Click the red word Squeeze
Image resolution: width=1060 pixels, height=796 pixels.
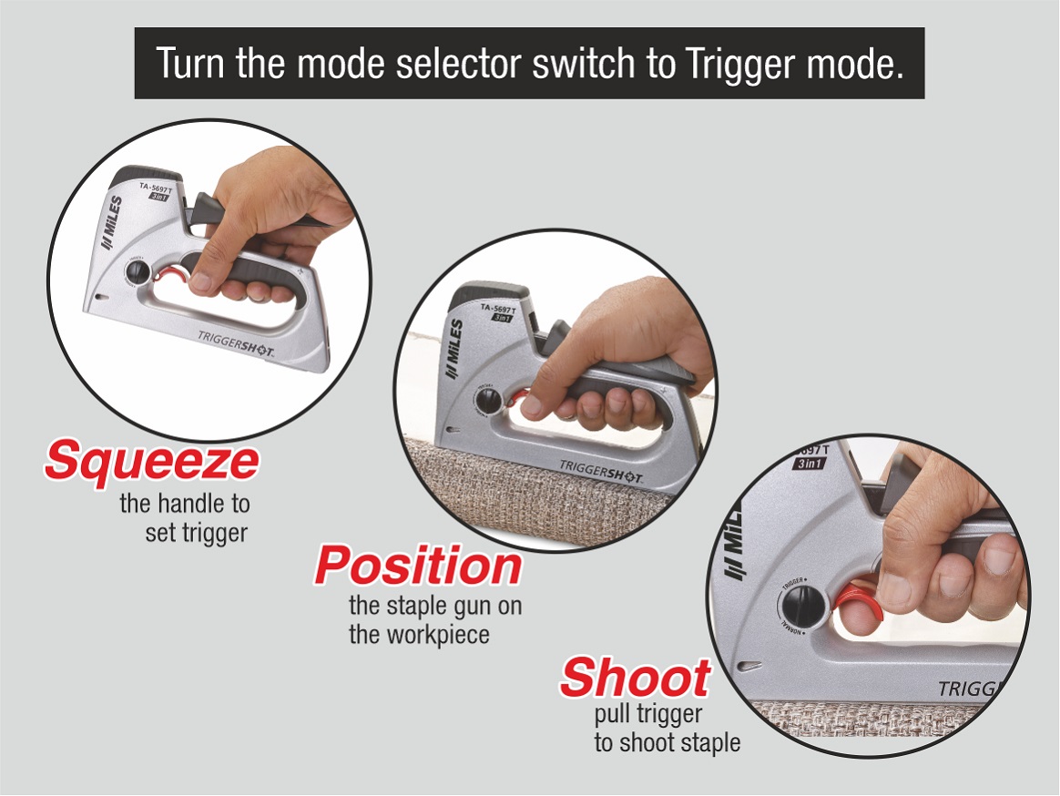pyautogui.click(x=151, y=461)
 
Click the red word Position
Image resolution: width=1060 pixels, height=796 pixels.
pyautogui.click(x=418, y=566)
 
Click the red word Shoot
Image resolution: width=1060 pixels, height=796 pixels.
pyautogui.click(x=635, y=678)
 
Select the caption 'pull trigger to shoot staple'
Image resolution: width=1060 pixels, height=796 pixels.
pyautogui.click(x=666, y=729)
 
